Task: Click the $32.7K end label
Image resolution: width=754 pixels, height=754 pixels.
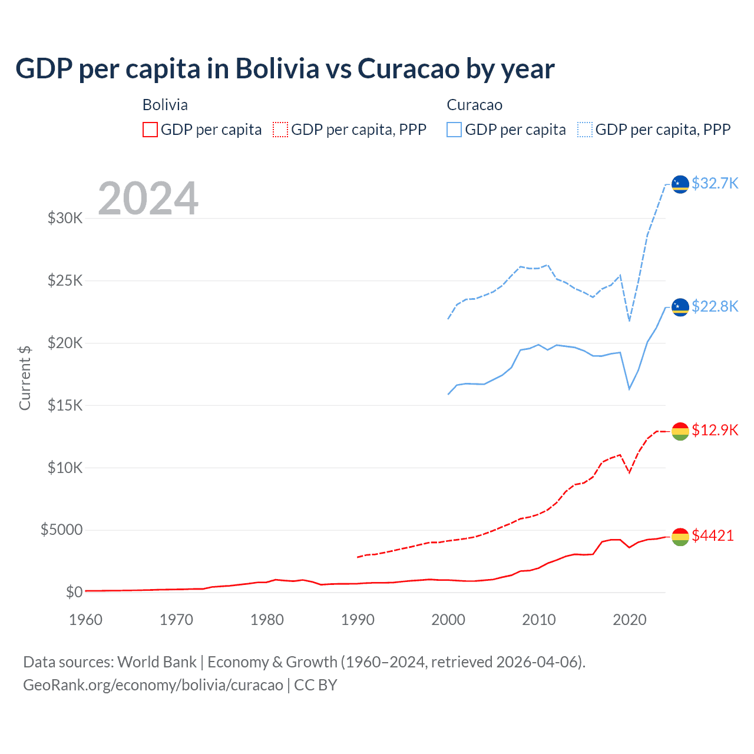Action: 715,183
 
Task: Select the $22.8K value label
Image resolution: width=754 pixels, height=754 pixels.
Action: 715,306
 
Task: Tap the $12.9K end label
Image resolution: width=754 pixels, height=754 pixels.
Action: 715,430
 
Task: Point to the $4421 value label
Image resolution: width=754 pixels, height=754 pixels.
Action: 713,535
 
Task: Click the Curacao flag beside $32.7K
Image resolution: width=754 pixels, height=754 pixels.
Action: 680,184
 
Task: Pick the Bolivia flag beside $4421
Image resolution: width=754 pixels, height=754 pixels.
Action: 680,537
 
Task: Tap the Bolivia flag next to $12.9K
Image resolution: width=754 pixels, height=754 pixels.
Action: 680,431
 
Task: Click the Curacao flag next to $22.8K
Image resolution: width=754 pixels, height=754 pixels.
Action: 680,307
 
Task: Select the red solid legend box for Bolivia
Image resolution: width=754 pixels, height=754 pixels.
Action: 150,130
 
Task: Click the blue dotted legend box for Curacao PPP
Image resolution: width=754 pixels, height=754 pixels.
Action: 585,130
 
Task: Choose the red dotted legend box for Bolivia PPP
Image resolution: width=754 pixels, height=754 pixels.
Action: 281,130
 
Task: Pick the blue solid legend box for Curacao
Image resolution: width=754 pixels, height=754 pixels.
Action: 454,130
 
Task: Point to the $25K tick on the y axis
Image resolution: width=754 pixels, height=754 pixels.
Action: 65,280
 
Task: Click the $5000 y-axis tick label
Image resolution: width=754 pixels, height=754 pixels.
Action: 61,530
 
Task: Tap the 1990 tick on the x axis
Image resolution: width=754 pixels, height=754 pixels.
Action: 358,620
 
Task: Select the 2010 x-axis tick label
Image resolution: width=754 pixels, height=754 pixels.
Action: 539,620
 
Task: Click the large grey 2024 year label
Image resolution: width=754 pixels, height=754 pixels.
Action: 148,199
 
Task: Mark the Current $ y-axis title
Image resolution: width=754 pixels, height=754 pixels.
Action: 25,378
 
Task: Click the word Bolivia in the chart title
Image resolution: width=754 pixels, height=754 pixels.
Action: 277,68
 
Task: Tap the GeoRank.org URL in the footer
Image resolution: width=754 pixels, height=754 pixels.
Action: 153,685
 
